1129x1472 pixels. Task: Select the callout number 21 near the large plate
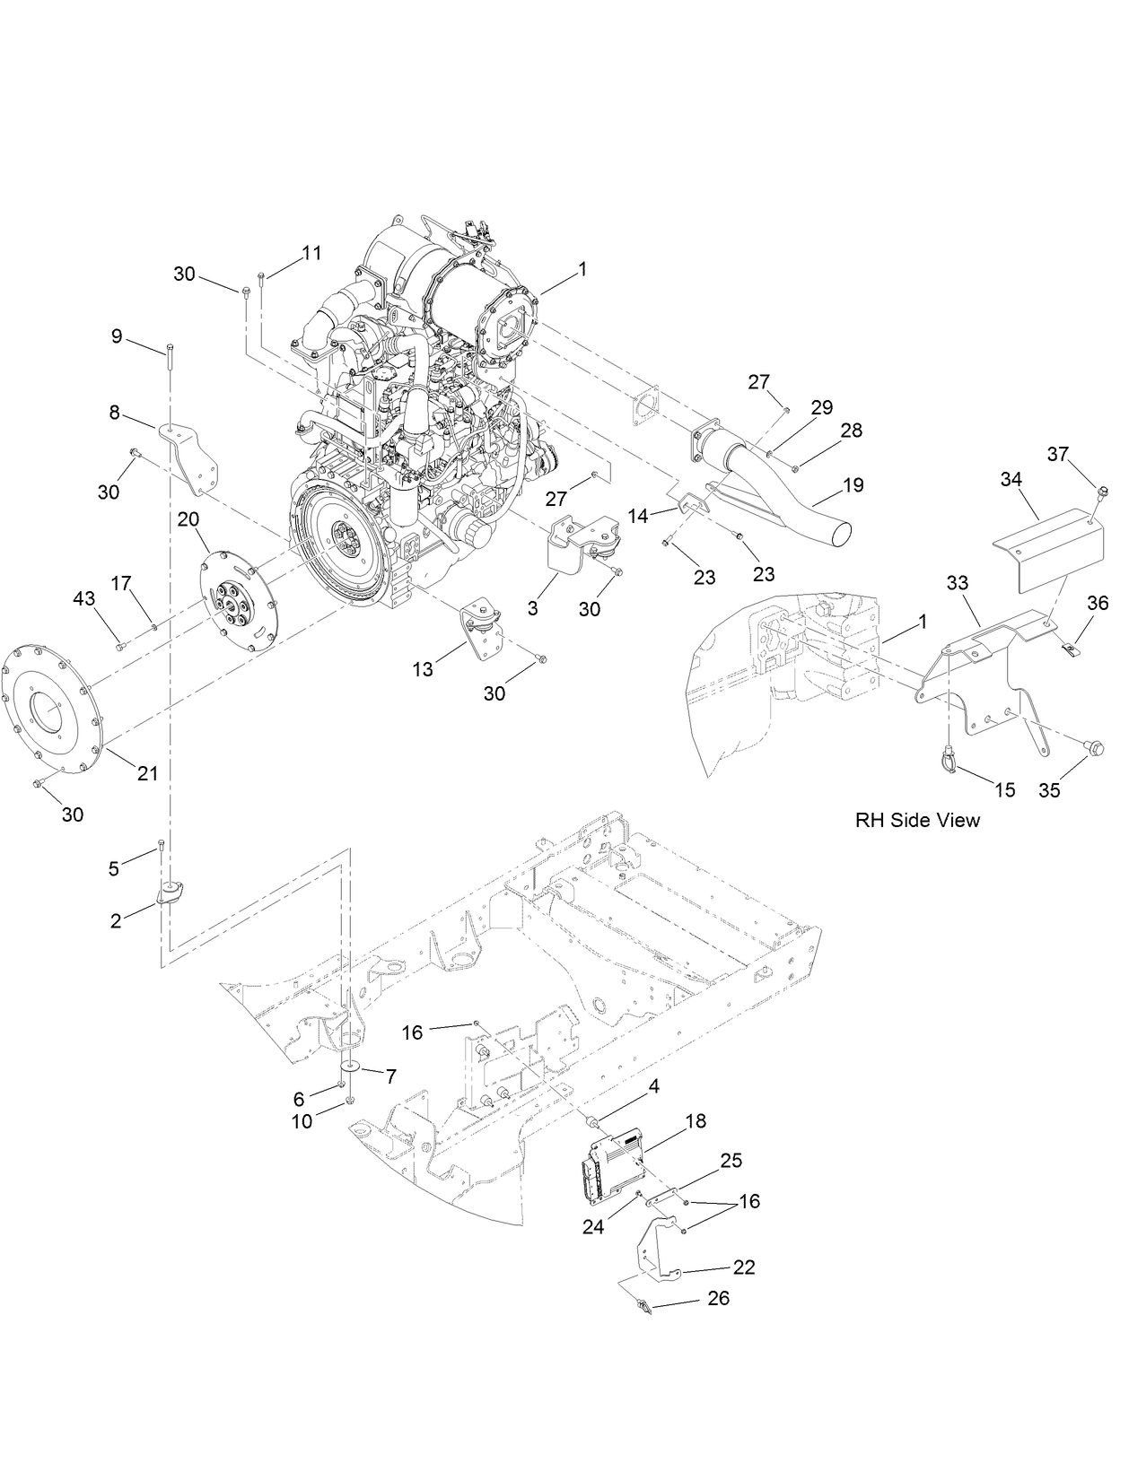[147, 773]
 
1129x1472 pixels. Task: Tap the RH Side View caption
[917, 820]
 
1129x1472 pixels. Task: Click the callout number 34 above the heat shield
[1011, 481]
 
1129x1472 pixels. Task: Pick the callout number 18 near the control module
[696, 1121]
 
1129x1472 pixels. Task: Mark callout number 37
[1059, 454]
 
